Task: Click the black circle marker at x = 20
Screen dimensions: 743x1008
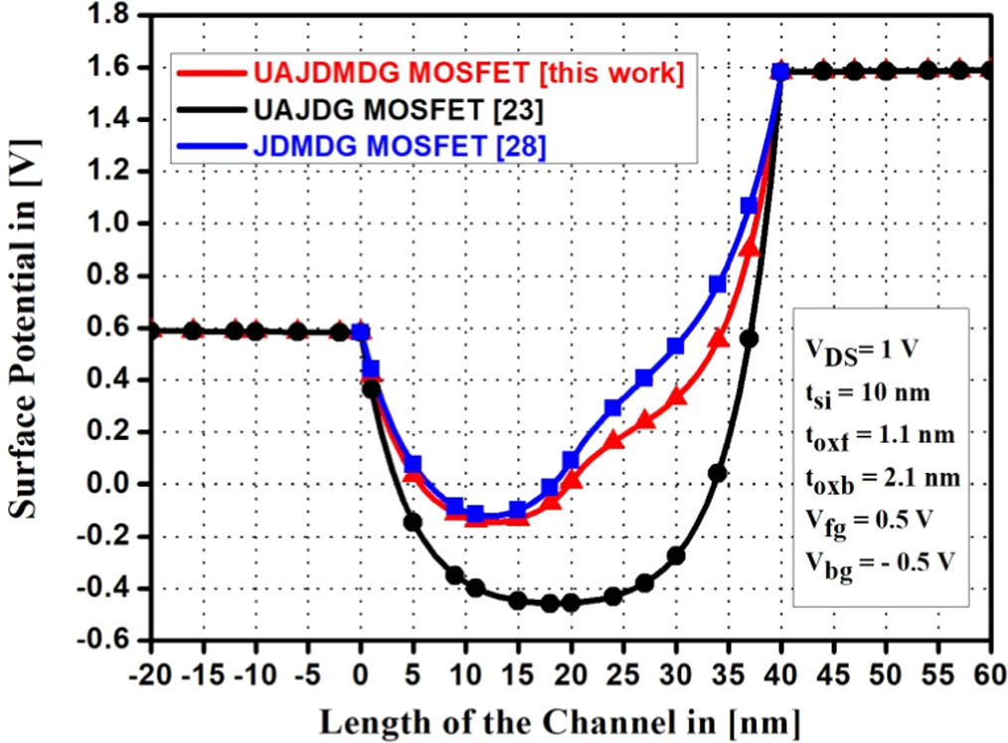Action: [571, 602]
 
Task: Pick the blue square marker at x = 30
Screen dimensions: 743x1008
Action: [676, 346]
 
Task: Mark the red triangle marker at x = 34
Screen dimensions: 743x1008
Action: [718, 340]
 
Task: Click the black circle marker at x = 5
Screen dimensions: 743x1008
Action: [413, 521]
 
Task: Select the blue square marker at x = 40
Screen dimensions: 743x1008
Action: [780, 72]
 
